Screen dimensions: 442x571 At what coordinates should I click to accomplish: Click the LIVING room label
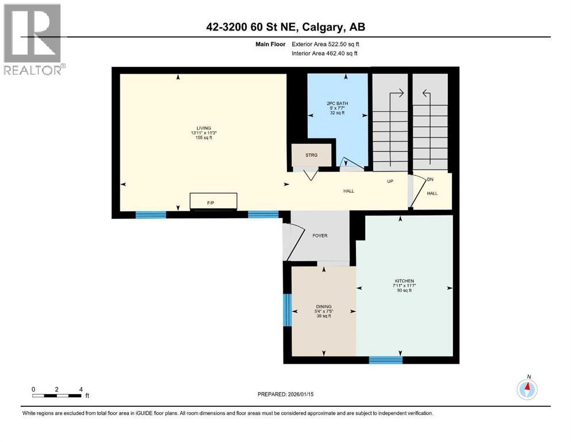[204, 128]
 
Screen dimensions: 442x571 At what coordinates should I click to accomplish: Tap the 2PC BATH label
[337, 104]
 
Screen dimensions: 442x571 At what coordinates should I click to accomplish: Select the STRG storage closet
[311, 155]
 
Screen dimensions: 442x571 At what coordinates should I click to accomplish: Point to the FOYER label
[319, 236]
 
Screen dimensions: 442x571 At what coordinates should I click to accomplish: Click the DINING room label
[323, 307]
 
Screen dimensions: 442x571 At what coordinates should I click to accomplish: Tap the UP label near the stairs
[389, 181]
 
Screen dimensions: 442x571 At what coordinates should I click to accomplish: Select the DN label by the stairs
[430, 180]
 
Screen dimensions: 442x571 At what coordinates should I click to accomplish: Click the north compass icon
[527, 389]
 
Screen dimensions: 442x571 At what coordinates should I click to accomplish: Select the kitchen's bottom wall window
[385, 360]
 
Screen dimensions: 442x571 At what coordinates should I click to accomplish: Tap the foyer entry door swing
[293, 242]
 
